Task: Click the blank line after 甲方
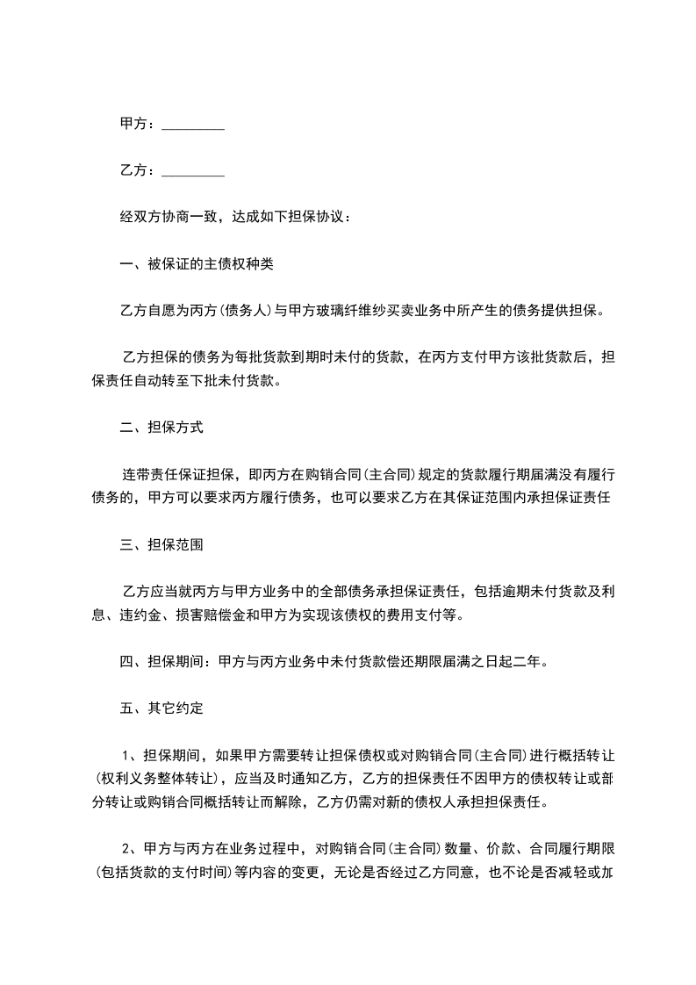tap(193, 126)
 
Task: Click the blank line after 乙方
tap(193, 171)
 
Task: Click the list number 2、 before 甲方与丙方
tap(128, 848)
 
